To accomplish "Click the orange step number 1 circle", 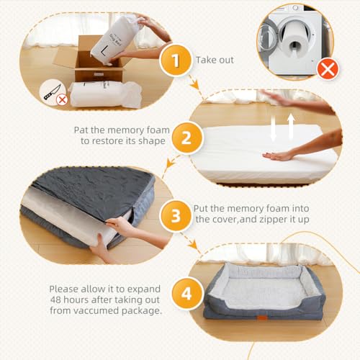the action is (176, 60).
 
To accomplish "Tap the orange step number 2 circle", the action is (186, 138).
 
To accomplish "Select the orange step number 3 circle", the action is (176, 216).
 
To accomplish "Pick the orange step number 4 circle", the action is (186, 293).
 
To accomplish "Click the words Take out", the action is (215, 60).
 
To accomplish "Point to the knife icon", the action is (52, 92).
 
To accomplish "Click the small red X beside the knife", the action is (62, 99).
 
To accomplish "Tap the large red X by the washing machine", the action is (328, 69).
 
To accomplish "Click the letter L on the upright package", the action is (104, 52).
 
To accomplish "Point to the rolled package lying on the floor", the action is (106, 94).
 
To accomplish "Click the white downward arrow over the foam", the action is (274, 128).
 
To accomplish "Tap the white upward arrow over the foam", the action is (291, 126).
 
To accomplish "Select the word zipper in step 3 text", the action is (274, 220).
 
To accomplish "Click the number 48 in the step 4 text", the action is (55, 300).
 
